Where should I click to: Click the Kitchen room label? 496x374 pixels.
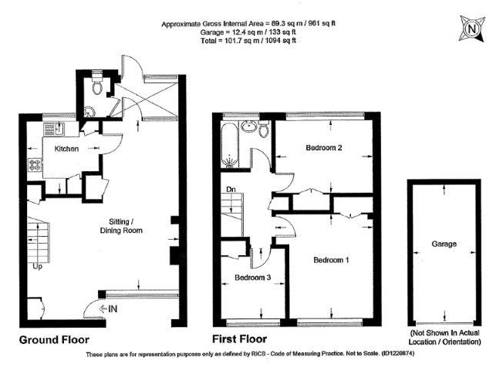[x=66, y=149]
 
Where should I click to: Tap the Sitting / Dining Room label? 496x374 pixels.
[x=121, y=226]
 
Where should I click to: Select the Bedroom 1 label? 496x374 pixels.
[x=331, y=260]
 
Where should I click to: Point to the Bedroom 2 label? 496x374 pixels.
[x=324, y=147]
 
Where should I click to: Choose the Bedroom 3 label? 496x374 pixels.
[x=253, y=278]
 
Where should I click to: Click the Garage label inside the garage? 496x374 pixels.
[x=444, y=244]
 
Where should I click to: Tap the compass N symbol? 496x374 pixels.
[x=472, y=29]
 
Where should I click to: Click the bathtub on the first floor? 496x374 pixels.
[x=230, y=145]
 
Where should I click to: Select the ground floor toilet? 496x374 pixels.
[x=96, y=83]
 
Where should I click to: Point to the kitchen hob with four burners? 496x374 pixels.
[x=34, y=164]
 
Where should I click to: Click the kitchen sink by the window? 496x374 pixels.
[x=53, y=129]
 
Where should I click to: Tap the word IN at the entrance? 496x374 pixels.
[x=113, y=308]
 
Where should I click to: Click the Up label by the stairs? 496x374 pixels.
[x=37, y=267]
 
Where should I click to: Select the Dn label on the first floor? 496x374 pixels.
[x=231, y=190]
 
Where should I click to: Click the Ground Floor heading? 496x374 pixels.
[x=54, y=340]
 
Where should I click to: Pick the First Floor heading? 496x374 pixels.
[x=239, y=339]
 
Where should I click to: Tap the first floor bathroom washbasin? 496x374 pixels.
[x=250, y=126]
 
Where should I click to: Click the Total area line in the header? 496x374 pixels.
[x=248, y=40]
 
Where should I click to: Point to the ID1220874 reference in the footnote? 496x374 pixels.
[x=398, y=353]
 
